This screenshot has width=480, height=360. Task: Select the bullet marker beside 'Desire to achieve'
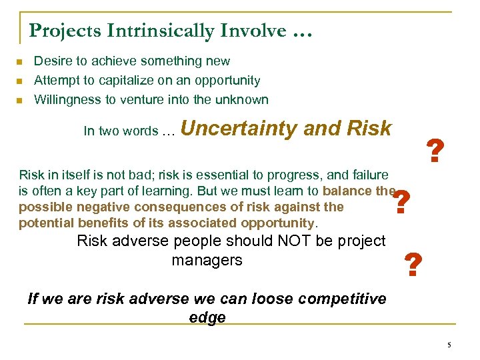[19, 62]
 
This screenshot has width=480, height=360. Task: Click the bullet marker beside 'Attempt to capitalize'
[19, 81]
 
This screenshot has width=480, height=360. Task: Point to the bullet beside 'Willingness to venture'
[19, 101]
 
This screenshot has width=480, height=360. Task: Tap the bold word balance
[347, 191]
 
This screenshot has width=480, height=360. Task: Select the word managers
[207, 260]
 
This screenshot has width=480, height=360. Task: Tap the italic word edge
[207, 318]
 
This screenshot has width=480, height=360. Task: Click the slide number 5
[449, 345]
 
